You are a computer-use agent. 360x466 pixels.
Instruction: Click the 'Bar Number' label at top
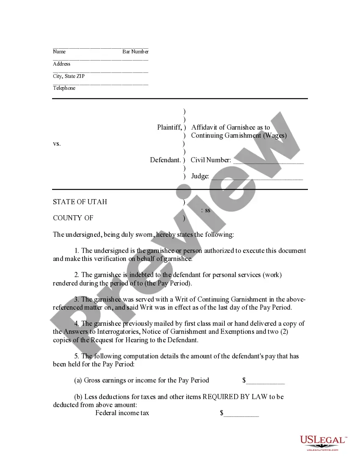tap(136, 52)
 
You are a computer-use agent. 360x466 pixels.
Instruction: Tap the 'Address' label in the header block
tap(62, 64)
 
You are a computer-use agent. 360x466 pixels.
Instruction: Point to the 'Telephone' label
tap(64, 88)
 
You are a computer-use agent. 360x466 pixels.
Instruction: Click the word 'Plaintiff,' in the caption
tap(169, 127)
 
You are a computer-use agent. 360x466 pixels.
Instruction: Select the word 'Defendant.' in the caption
tap(166, 160)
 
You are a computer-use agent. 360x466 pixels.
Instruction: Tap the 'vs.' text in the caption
tap(57, 144)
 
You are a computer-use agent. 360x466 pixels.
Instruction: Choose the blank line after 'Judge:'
tap(257, 177)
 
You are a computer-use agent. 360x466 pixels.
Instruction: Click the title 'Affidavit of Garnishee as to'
tap(230, 127)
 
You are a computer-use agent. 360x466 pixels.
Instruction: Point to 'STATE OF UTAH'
tap(80, 202)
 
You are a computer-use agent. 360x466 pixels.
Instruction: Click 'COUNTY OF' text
tap(73, 218)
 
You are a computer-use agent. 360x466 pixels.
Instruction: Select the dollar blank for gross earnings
tap(265, 381)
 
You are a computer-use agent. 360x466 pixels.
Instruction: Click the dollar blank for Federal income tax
tap(241, 413)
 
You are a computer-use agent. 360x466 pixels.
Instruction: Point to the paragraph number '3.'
tap(77, 299)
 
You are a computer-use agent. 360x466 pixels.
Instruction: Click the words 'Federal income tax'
tap(122, 413)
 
